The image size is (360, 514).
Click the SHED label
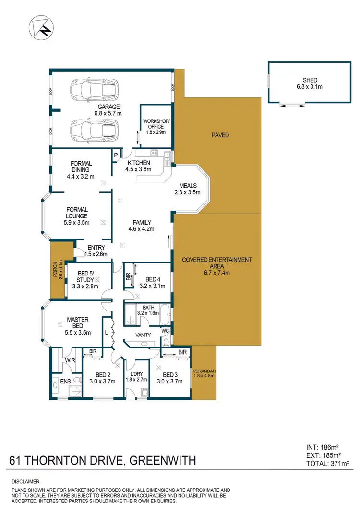[x=311, y=80]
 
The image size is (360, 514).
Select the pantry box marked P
[x=116, y=155]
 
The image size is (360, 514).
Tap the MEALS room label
[x=188, y=186]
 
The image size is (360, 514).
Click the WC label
[x=166, y=330]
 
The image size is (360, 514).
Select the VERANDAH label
[x=204, y=371]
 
